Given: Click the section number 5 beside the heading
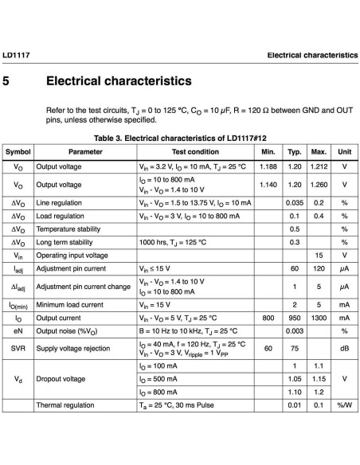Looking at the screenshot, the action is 7,82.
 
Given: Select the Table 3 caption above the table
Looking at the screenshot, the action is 179,138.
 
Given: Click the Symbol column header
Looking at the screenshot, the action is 18,151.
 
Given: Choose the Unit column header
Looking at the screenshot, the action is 344,151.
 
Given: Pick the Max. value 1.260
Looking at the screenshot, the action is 319,185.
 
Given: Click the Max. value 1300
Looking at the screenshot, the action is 319,317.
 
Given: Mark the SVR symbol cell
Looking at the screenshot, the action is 18,347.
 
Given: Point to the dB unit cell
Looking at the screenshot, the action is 344,347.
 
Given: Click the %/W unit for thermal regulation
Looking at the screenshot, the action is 344,406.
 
